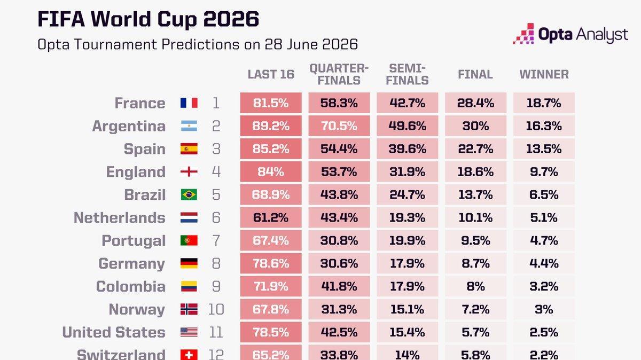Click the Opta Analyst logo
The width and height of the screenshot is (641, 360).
[570, 34]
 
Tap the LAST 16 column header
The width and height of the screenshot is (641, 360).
[271, 74]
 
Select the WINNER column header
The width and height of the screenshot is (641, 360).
[544, 74]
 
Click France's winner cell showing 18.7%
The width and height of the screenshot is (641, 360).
[544, 103]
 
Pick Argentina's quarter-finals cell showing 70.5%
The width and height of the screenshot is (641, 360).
[339, 126]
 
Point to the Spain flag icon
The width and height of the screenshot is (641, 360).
[189, 149]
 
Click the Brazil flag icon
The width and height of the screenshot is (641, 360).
[189, 194]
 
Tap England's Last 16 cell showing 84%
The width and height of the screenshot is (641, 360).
[271, 171]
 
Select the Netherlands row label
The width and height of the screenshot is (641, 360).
[120, 218]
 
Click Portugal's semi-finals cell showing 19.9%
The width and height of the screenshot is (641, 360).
[407, 240]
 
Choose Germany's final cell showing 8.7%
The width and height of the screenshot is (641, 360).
[475, 263]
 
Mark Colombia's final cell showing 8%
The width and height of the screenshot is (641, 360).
[475, 286]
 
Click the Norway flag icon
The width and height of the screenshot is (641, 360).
[189, 309]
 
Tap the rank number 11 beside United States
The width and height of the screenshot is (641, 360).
[216, 332]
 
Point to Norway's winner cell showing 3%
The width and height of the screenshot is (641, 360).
[544, 309]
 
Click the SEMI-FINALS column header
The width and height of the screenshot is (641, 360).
[407, 74]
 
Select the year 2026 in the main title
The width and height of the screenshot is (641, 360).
[231, 19]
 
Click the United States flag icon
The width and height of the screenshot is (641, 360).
[189, 332]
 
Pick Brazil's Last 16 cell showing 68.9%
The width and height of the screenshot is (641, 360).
[271, 194]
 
